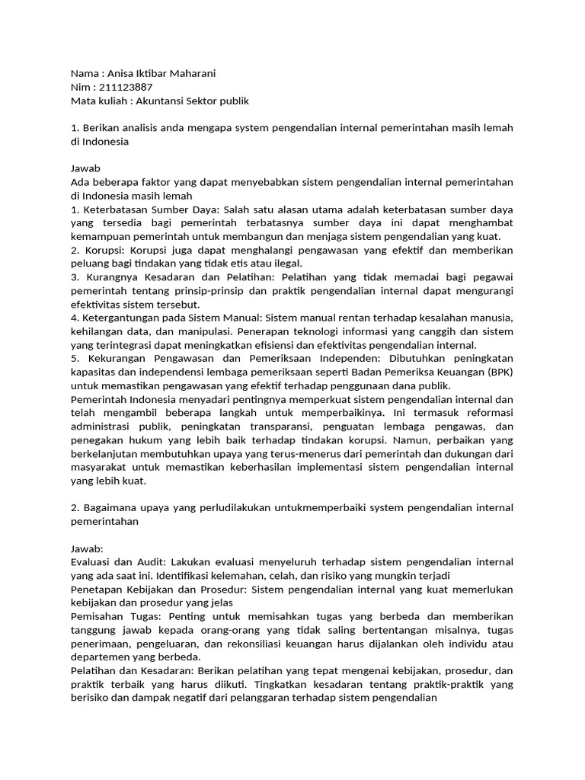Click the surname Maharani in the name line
[189, 74]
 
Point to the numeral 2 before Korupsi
[74, 249]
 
